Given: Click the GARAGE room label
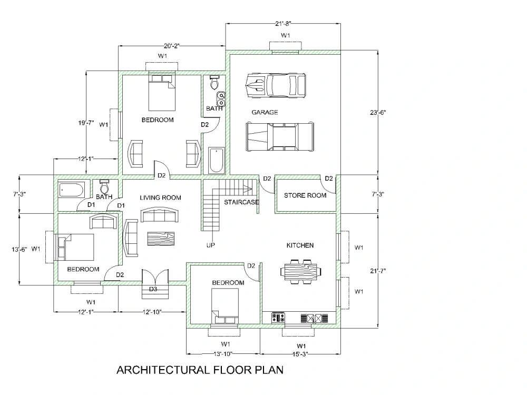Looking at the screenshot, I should pos(265,112).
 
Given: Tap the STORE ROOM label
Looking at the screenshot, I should pos(305,195).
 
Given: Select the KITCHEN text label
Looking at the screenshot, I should pos(300,245).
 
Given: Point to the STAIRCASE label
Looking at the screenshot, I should pos(241,202).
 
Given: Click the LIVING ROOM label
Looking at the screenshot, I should pos(160,198).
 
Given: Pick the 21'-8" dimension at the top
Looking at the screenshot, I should pos(283,23).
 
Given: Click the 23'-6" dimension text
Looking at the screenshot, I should pos(378,112).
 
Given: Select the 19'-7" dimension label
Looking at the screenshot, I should pos(84,123).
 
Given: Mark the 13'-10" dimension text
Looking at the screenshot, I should pos(223,354).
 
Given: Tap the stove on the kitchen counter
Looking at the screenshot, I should pos(278,318).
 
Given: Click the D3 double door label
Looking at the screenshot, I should pos(153,289).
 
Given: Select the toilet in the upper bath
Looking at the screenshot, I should pos(214,83).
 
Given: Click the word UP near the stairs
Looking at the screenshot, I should pos(210,245).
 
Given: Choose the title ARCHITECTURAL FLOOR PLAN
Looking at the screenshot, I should pos(200,370).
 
